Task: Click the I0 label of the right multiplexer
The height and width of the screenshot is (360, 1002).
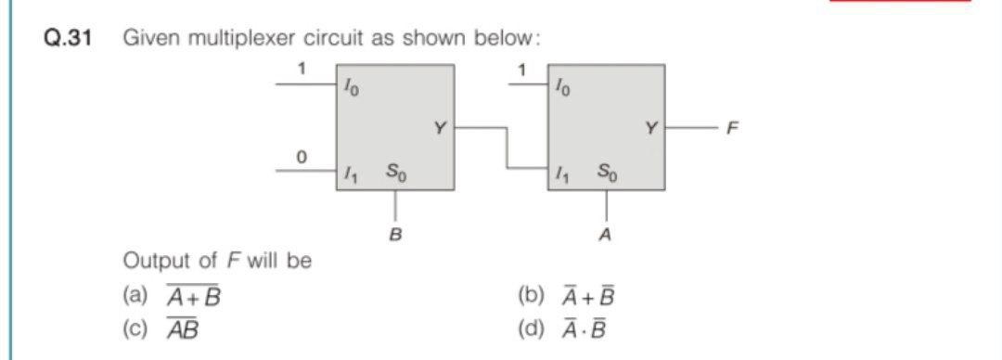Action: [x=563, y=88]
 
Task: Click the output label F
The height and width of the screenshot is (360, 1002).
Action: [x=733, y=128]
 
